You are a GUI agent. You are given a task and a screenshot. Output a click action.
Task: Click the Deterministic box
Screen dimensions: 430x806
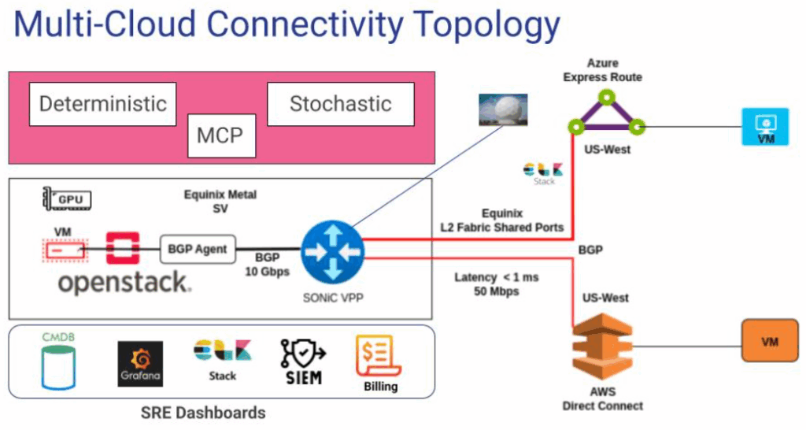tap(102, 104)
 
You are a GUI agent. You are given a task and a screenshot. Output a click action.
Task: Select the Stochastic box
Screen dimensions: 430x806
tap(340, 104)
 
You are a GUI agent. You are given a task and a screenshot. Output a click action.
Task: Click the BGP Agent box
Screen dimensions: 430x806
tap(198, 249)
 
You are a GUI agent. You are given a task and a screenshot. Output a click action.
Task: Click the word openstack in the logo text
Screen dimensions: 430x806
tap(124, 283)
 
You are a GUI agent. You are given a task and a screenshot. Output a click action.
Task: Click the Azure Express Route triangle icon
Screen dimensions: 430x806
tap(606, 114)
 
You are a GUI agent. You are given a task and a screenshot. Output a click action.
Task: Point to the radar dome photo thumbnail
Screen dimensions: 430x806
tap(504, 109)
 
